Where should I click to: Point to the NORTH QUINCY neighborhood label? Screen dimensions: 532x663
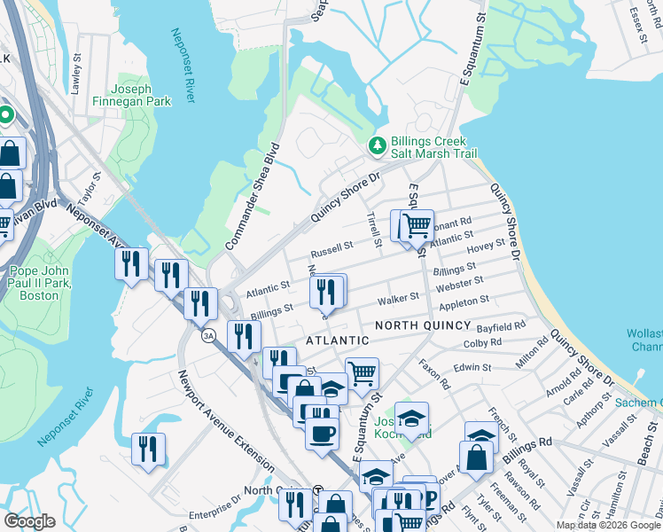click(x=421, y=326)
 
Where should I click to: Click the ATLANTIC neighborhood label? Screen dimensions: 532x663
click(x=337, y=340)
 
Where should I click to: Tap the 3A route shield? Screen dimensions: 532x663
click(x=208, y=336)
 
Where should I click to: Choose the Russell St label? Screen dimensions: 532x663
click(x=336, y=246)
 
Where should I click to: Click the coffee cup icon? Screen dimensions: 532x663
click(x=322, y=433)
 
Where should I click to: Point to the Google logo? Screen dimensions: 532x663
click(x=30, y=521)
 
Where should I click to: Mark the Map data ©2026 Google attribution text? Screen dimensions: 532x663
click(x=608, y=525)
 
